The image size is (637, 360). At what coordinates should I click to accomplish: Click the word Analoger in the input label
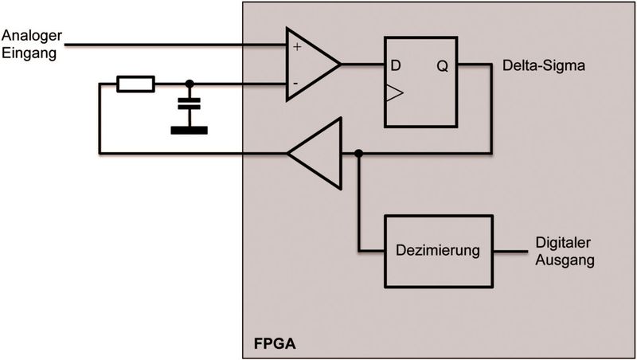point(29,36)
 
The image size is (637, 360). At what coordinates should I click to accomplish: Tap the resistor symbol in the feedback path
point(135,83)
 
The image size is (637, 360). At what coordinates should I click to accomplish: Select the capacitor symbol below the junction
point(189,104)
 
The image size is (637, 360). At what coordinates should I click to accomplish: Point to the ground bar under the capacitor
point(189,130)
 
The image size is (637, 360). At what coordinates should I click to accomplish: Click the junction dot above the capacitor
point(189,83)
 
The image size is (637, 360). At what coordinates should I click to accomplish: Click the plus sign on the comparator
point(297,47)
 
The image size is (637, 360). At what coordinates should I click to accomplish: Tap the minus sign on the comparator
point(296,82)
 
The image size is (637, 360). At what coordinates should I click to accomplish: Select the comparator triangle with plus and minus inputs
point(311,65)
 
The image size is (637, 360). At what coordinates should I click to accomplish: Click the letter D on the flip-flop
point(396,65)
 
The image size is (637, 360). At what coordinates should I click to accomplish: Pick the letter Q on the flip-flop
point(443,65)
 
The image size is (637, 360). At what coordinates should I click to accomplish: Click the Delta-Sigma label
point(544,65)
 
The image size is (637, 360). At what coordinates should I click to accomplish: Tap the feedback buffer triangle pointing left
point(317,153)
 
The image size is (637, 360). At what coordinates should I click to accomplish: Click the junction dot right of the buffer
point(359,153)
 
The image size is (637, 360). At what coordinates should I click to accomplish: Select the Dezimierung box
point(439,250)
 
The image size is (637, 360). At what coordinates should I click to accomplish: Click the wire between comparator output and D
point(362,65)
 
